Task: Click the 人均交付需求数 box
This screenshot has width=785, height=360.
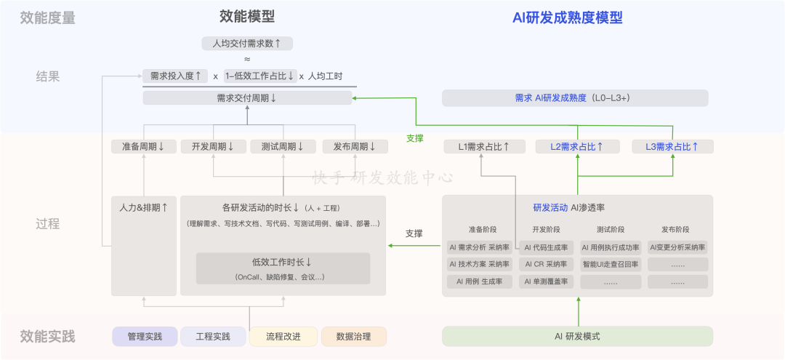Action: click(x=247, y=44)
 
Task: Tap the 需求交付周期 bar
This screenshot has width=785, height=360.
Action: click(x=247, y=97)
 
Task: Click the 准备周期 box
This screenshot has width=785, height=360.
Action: click(x=144, y=147)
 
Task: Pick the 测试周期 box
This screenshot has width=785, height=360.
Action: click(x=283, y=147)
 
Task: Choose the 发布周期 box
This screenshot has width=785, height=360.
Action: click(x=355, y=147)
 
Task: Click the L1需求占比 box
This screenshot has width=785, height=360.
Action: click(x=485, y=147)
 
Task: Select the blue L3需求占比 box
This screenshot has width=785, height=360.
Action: click(x=672, y=147)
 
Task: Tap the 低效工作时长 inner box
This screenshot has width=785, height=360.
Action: click(x=283, y=268)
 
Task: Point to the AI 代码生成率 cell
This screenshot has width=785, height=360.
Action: click(x=546, y=247)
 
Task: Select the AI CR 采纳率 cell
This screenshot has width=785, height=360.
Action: click(x=546, y=265)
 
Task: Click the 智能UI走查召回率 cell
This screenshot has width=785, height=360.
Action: click(x=611, y=265)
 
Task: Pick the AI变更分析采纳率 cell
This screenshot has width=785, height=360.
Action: click(x=678, y=247)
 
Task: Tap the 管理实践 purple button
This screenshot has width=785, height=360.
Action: click(x=145, y=337)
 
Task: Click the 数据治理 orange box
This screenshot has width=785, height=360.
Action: click(x=354, y=337)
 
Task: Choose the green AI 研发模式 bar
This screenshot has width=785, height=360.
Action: click(x=577, y=337)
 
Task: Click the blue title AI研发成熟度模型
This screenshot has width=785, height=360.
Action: click(x=567, y=18)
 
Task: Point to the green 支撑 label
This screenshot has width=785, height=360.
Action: click(x=414, y=139)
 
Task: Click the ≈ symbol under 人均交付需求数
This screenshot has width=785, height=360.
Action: click(x=247, y=60)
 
